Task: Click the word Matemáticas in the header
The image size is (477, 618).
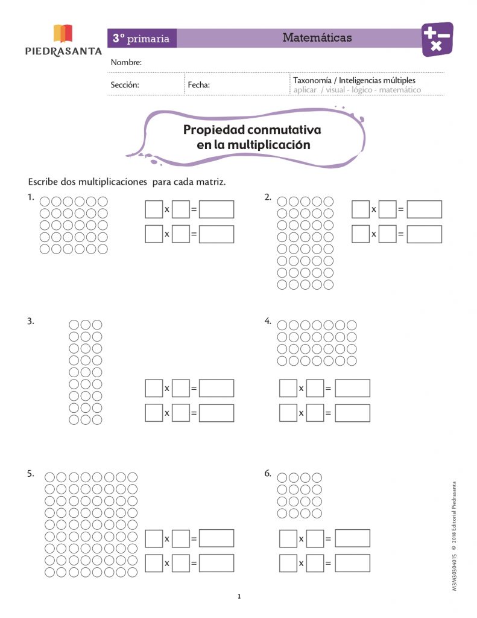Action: point(317,38)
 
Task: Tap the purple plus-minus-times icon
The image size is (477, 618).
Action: point(437,39)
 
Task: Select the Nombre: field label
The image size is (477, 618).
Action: point(126,63)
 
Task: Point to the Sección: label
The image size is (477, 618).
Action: point(125,85)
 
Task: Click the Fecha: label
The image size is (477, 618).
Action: point(199,85)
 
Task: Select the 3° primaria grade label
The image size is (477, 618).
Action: point(141,39)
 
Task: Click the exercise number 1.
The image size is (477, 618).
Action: point(30,197)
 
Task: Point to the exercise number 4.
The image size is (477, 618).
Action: point(268,321)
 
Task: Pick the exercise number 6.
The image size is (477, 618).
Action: point(268,474)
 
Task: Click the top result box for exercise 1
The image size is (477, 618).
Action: point(216,210)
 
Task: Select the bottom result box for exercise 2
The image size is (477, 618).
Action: point(424,234)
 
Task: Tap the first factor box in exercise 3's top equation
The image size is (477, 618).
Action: point(154,388)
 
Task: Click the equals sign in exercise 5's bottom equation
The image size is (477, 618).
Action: point(194,563)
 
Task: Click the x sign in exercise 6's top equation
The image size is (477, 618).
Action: point(301,538)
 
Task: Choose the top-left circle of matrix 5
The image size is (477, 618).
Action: point(51,477)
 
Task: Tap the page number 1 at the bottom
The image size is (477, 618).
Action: point(239,597)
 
